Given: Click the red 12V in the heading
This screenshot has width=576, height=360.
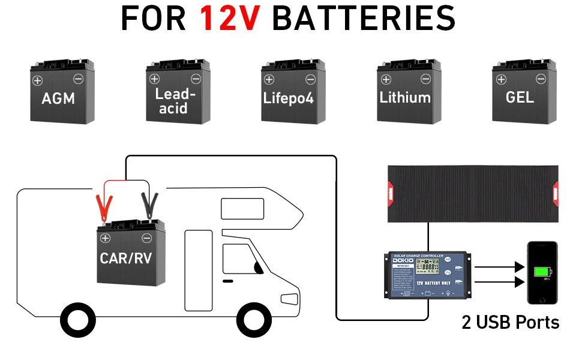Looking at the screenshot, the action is point(230,19).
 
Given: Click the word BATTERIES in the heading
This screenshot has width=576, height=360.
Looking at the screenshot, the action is point(364,19).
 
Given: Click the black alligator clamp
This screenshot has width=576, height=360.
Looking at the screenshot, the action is point(148,206).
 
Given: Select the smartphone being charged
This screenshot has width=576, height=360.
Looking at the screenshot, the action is point(542,272).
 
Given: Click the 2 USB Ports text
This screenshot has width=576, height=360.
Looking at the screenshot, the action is point(511,323).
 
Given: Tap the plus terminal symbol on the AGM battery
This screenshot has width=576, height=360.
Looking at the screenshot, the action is point(37,80).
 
